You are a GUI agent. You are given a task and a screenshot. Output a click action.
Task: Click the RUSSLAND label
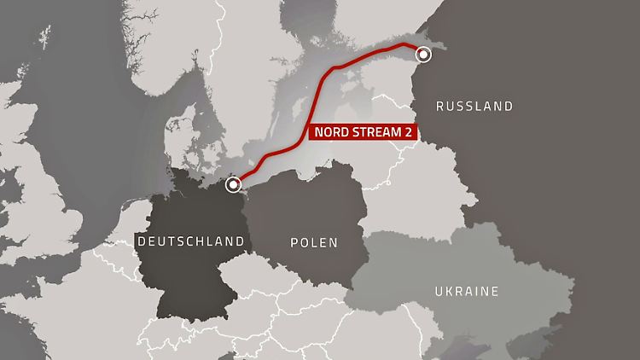coord(474,107)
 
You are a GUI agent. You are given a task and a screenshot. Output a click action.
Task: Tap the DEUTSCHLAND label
coord(190,241)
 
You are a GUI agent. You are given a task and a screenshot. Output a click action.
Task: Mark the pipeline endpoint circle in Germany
coord(234,184)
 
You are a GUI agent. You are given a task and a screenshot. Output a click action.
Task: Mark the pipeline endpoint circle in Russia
coord(422,55)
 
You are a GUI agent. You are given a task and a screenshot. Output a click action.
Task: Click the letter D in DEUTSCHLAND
coord(141,242)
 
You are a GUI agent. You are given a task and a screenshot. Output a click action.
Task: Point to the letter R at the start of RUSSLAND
coord(439,107)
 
